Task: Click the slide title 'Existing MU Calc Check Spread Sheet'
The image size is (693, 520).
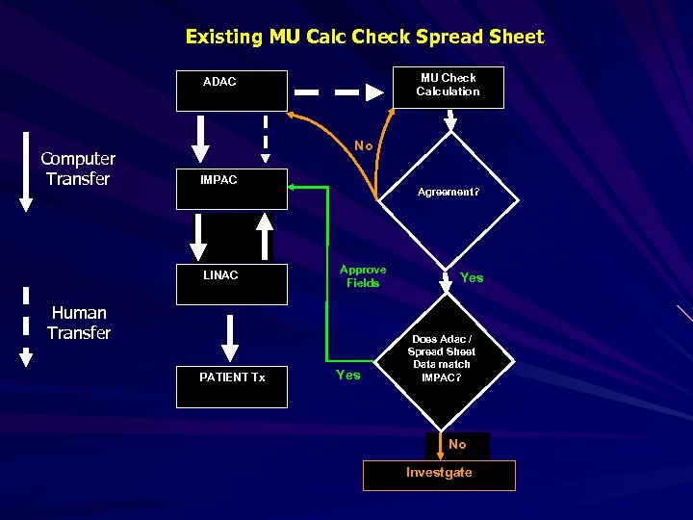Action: pos(365,37)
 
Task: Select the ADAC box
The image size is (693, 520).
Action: pos(232,91)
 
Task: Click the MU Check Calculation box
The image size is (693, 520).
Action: pos(448,87)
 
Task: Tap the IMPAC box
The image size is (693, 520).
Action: pos(232,189)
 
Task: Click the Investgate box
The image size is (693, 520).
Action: pos(439,475)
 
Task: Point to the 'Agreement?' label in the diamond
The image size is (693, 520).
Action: pos(448,193)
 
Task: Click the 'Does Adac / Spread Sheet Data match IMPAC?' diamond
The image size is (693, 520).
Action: pos(442,359)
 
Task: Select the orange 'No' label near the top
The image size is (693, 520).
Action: pos(363,145)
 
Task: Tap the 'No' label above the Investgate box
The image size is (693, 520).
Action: pos(457,444)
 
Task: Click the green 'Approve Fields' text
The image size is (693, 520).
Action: pos(363,276)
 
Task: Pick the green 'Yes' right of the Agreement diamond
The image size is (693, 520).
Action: pos(472,277)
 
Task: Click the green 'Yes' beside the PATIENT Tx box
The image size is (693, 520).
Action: pos(347,375)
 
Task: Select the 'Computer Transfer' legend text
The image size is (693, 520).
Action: pos(78,169)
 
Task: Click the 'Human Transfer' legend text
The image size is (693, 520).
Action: pos(79,323)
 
